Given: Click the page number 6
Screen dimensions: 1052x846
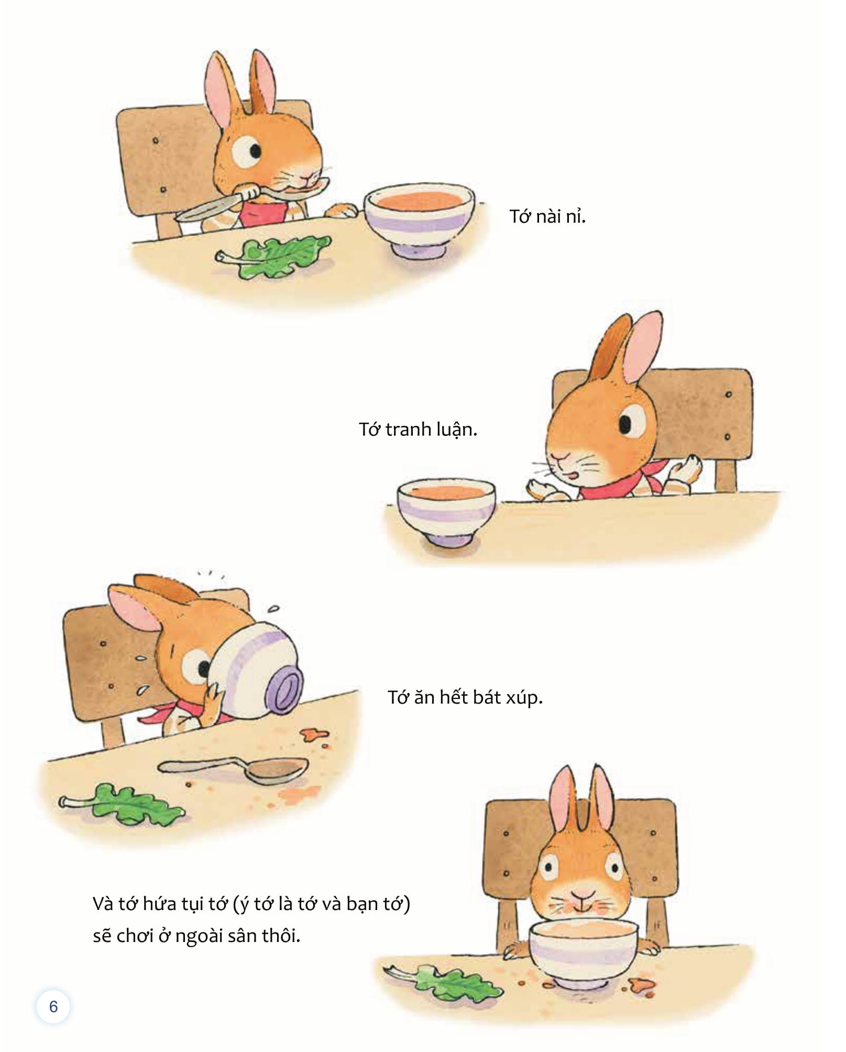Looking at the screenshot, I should [53, 1006].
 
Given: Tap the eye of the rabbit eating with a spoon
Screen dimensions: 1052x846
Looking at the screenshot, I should [248, 152].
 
